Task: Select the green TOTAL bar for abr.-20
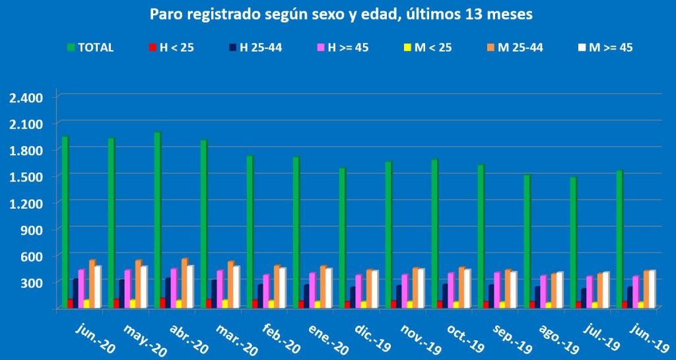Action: (158, 220)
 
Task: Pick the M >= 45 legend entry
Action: (606, 48)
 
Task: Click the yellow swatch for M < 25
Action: (407, 48)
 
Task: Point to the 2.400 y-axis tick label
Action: (26, 98)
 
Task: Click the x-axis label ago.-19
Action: (558, 338)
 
